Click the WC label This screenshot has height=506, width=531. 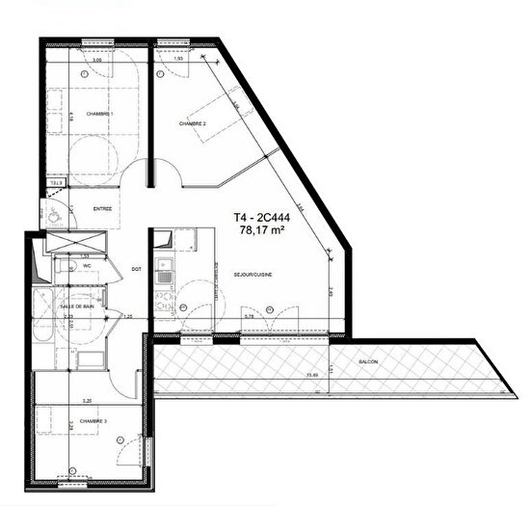[x=86, y=265]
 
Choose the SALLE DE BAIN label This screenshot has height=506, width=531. [x=78, y=305]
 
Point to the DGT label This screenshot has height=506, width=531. [x=136, y=269]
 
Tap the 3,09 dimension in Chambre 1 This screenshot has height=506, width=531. [x=96, y=61]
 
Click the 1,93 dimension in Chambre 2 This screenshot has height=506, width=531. [x=178, y=61]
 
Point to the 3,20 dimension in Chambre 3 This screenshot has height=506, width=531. [x=86, y=400]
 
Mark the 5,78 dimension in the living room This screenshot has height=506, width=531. [x=249, y=316]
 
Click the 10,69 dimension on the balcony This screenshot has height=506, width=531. [x=310, y=375]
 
